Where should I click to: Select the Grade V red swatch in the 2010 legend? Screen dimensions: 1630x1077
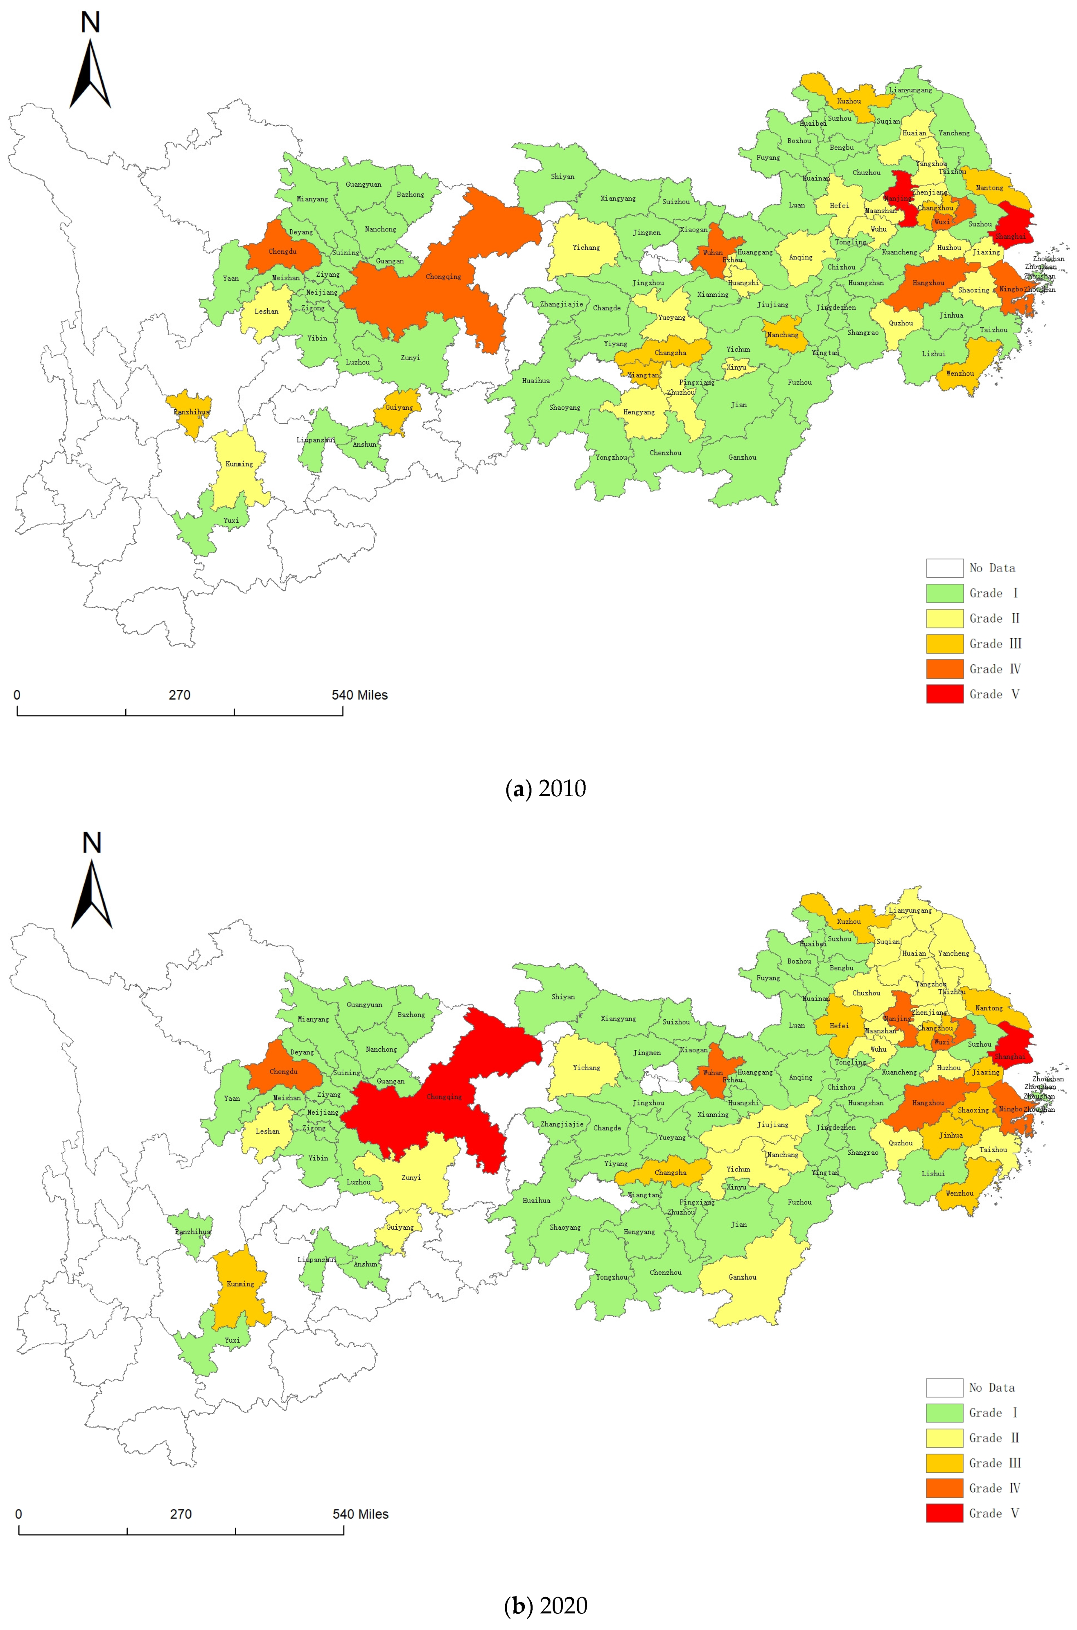[944, 694]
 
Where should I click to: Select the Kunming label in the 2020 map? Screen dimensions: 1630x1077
[240, 1283]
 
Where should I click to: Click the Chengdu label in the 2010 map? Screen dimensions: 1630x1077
[282, 251]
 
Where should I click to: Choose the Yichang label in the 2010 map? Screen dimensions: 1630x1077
[586, 247]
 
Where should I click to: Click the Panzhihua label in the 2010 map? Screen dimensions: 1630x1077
[191, 412]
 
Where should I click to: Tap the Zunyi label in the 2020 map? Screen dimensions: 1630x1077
[411, 1177]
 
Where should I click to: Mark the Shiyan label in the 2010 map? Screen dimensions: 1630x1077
[562, 176]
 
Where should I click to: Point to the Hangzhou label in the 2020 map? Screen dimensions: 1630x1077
[928, 1102]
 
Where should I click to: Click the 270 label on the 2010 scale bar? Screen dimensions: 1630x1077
[179, 695]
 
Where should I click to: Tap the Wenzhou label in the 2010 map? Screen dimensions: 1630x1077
[960, 374]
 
